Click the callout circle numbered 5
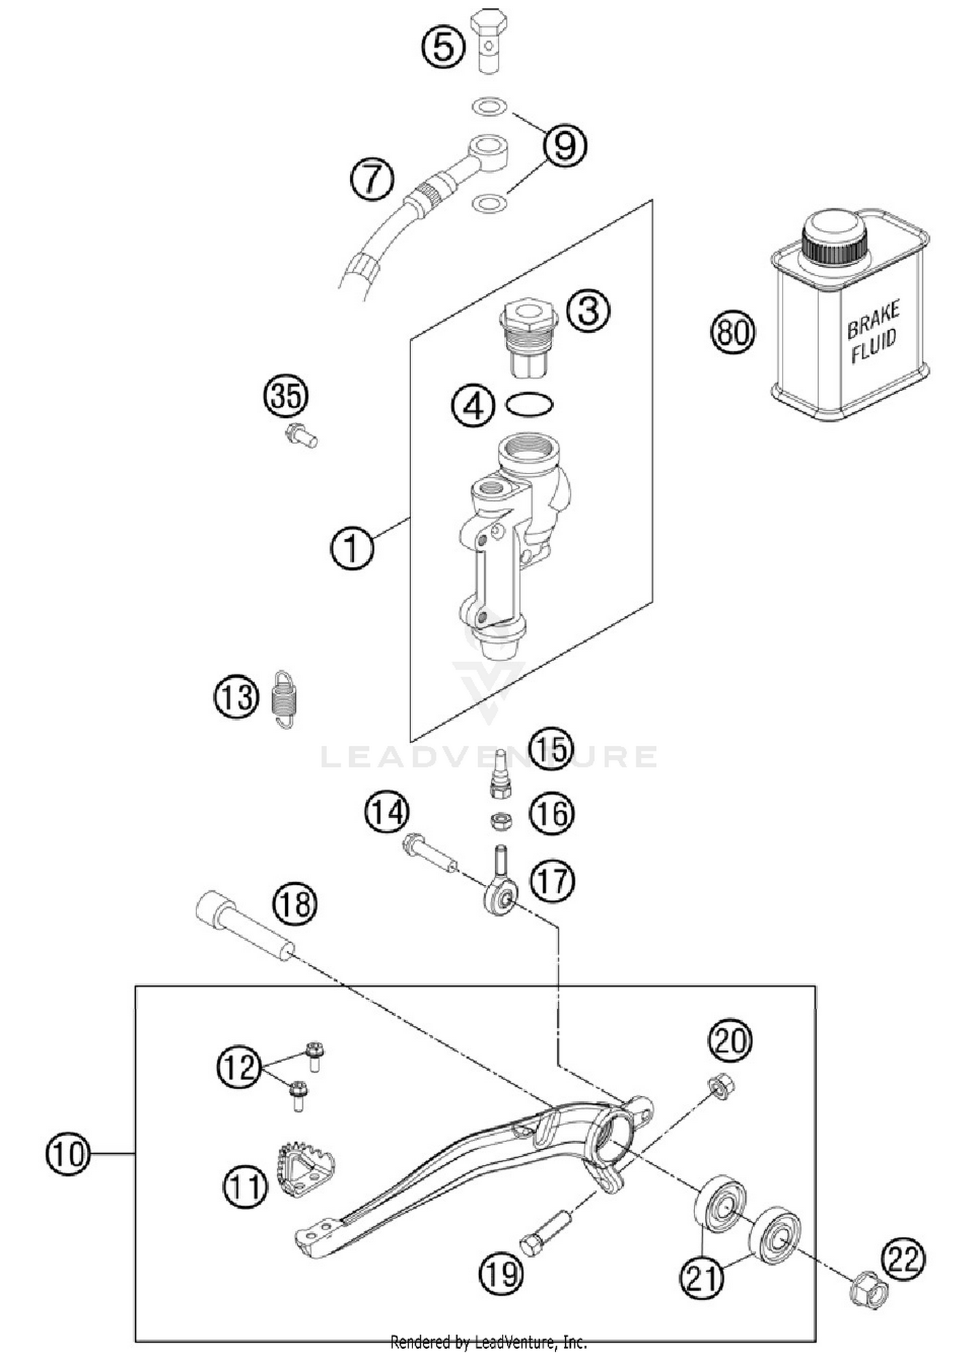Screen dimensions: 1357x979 (x=443, y=47)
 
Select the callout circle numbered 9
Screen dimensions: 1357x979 (x=565, y=145)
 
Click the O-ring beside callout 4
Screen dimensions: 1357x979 (x=529, y=405)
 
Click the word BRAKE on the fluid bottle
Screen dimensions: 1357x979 (x=873, y=319)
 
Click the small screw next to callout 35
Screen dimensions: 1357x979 (x=302, y=436)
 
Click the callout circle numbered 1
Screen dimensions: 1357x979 (x=352, y=548)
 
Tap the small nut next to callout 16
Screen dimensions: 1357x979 (x=500, y=821)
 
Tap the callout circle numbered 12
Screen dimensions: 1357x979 (x=239, y=1067)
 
